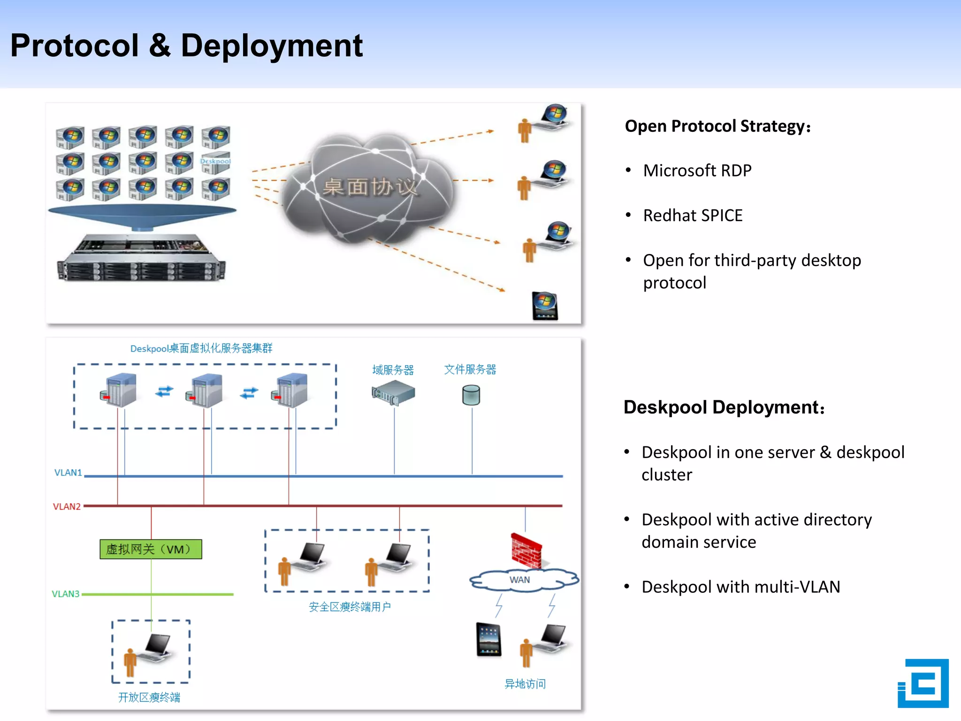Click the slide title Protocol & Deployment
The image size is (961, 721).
[186, 46]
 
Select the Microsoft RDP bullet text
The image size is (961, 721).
[697, 170]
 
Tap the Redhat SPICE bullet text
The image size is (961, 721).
[693, 215]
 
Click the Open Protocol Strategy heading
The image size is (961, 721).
[717, 126]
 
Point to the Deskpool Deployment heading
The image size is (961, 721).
[724, 407]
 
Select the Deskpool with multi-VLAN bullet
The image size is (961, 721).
[740, 587]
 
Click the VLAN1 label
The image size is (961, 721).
[68, 473]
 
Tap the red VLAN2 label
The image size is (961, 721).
[67, 506]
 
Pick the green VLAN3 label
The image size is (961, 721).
[66, 594]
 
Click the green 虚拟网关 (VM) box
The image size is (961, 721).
[151, 549]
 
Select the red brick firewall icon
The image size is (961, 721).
[526, 551]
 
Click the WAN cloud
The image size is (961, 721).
[522, 580]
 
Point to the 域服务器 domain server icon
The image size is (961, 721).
[393, 393]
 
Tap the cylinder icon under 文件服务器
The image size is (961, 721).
[471, 395]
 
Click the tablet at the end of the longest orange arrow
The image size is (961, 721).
[545, 306]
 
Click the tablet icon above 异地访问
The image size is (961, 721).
[488, 639]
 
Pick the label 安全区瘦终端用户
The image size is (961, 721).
[350, 607]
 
